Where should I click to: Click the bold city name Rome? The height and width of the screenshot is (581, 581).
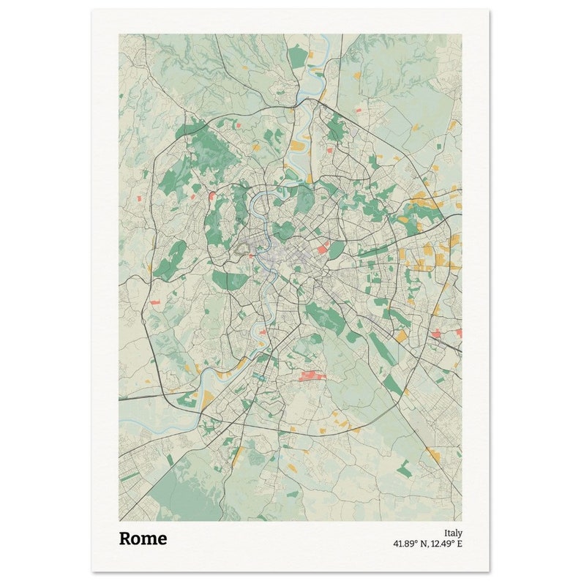pos(143,539)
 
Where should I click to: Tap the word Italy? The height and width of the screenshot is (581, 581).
pos(453,533)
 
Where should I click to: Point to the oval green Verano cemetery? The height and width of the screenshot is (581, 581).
pos(335,250)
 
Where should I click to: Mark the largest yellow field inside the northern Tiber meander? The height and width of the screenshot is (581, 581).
pos(296,146)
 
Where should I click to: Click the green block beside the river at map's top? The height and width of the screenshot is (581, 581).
pos(296,56)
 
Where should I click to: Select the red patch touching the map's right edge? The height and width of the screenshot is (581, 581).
pos(459,333)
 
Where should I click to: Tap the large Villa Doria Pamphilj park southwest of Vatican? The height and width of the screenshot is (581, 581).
pos(220,279)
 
